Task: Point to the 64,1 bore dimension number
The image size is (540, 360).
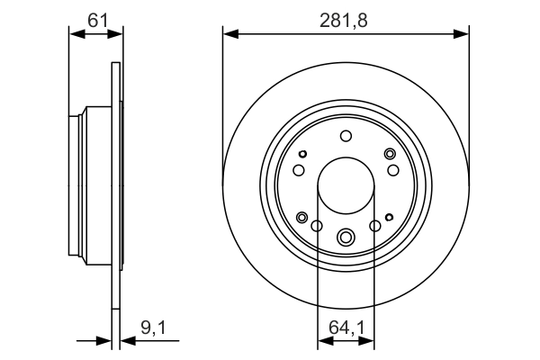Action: point(346,330)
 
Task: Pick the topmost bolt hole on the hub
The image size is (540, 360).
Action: point(346,136)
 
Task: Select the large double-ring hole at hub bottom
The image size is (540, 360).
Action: point(346,238)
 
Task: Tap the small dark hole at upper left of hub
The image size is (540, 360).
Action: point(302,154)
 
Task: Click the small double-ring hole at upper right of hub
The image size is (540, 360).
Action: point(390,154)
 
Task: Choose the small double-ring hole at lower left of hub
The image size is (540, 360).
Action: point(302,216)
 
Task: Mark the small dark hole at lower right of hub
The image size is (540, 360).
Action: point(389,216)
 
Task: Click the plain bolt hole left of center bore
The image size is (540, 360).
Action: point(299,170)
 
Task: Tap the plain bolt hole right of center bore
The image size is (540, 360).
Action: point(392,170)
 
